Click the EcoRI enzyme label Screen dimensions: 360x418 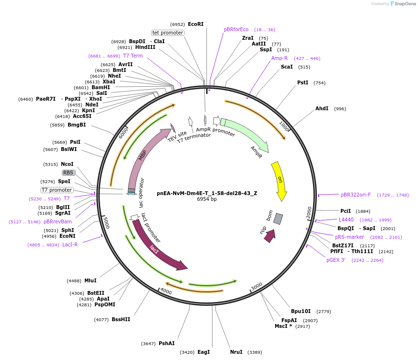[196, 24]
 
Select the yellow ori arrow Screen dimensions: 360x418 [279, 180]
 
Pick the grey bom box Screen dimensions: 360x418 [278, 219]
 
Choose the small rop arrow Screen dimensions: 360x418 [269, 235]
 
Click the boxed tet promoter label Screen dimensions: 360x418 [168, 33]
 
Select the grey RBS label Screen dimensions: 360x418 [69, 173]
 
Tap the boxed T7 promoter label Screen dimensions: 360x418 [57, 190]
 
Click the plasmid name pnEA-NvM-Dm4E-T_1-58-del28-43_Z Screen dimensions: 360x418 [207, 193]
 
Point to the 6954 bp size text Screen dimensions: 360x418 [207, 199]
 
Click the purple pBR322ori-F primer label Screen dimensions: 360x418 [356, 195]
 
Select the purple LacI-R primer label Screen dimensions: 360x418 [70, 244]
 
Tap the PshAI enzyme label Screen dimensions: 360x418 [166, 343]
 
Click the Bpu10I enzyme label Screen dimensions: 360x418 [301, 311]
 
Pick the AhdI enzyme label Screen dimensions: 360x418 [322, 108]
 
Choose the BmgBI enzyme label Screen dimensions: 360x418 [77, 125]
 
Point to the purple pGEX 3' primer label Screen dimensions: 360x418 [336, 260]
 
